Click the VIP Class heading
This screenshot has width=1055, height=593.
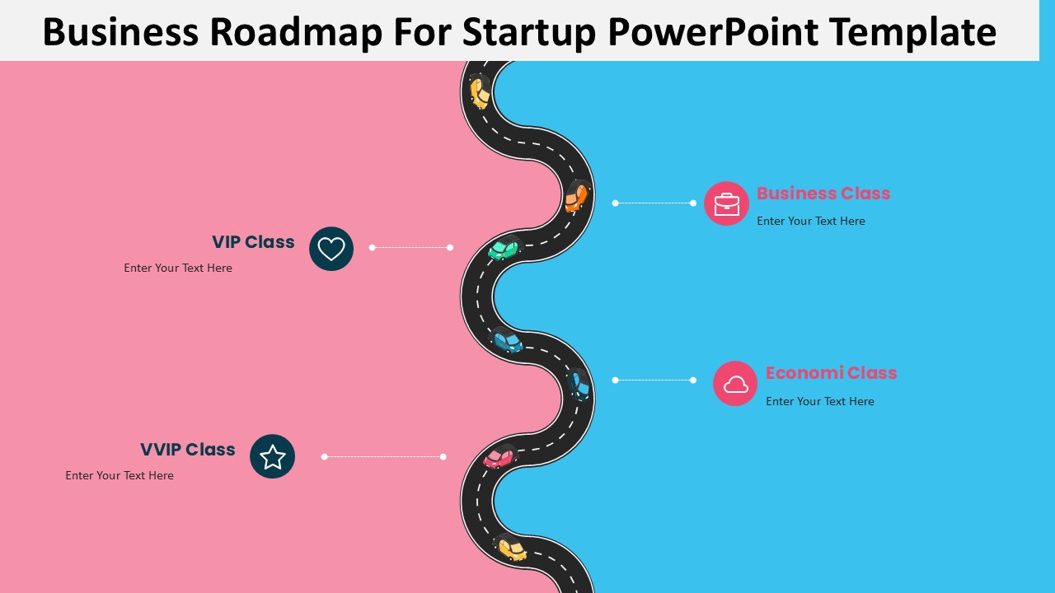[253, 242]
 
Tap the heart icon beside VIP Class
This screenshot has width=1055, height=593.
[331, 249]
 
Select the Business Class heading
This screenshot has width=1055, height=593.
[823, 194]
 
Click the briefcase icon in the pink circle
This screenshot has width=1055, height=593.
[726, 203]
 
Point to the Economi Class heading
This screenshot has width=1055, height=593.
[831, 373]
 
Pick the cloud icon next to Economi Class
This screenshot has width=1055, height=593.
[735, 384]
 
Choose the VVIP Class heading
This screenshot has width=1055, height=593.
[188, 450]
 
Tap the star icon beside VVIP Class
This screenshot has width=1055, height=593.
[272, 456]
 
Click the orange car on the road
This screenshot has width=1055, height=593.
[576, 198]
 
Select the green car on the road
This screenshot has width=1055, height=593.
[504, 250]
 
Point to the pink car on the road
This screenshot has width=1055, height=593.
[498, 458]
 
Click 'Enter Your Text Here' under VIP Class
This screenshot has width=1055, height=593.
[178, 268]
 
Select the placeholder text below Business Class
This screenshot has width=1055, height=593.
[811, 221]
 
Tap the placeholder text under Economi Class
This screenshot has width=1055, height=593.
[820, 401]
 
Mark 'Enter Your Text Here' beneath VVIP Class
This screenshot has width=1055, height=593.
[120, 475]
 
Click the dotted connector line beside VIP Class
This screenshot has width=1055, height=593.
[411, 247]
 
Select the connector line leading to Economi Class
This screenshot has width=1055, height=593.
[654, 381]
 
